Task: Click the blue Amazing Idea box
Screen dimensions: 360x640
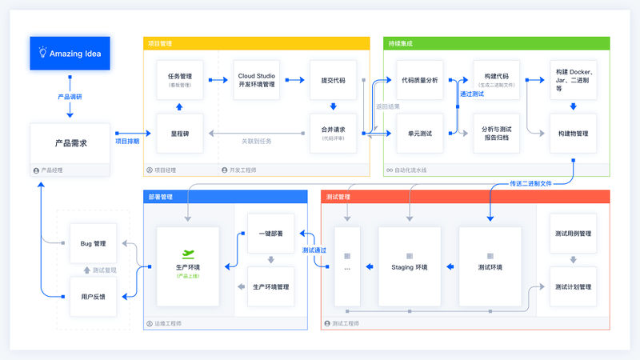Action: [x=70, y=54]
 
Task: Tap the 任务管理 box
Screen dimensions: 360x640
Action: [x=178, y=80]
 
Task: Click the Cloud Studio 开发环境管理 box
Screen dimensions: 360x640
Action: [x=257, y=80]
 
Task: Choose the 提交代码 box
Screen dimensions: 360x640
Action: [x=333, y=80]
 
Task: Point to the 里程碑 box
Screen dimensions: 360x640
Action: [x=178, y=133]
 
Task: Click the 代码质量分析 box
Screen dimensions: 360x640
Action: [x=420, y=80]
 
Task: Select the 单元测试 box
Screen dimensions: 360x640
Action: [x=420, y=133]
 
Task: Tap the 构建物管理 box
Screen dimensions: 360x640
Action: [x=573, y=133]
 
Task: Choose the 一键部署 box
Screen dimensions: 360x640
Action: [x=270, y=233]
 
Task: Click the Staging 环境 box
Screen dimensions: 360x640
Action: [x=409, y=266]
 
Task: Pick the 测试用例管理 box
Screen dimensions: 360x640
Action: [x=573, y=234]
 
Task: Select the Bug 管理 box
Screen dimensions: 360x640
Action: [x=93, y=242]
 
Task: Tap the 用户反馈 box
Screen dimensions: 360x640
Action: [x=93, y=296]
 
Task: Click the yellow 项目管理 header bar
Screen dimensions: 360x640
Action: [x=257, y=43]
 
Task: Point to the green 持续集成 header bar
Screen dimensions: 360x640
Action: [x=496, y=43]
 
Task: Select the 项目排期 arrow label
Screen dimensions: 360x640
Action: [x=126, y=142]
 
